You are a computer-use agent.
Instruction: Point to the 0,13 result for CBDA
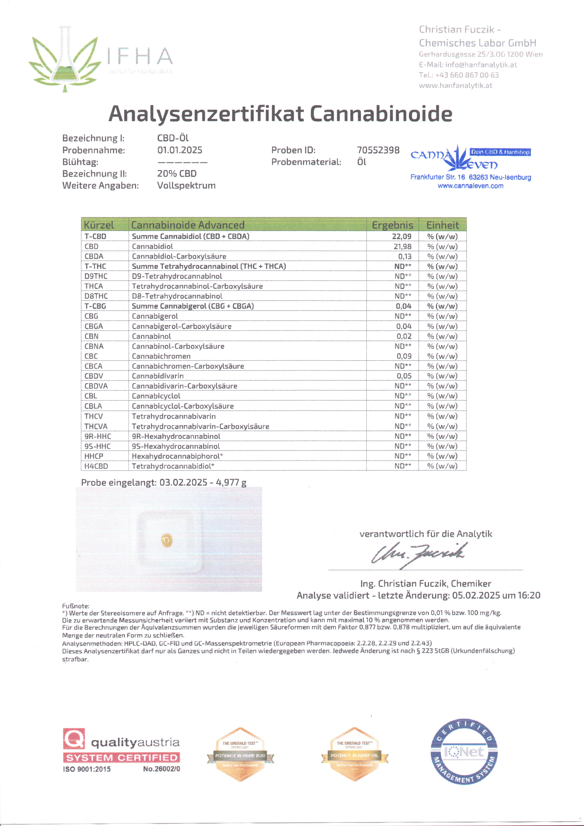(x=404, y=257)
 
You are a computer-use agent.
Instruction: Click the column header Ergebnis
(x=392, y=225)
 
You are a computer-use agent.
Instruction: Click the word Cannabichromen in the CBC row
(x=161, y=356)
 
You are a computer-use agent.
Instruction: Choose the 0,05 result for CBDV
(x=404, y=376)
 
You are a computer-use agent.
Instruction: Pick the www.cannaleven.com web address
(x=470, y=186)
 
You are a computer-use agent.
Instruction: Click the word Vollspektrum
(x=186, y=186)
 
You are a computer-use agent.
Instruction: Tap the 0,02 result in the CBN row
(x=404, y=336)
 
